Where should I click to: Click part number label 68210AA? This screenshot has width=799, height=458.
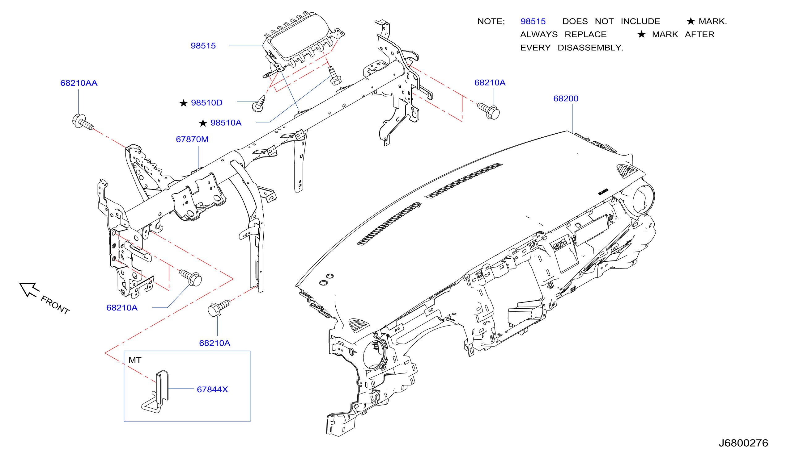(x=79, y=83)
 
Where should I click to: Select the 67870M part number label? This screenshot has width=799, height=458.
(x=192, y=139)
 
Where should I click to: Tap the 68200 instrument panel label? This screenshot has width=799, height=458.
(x=566, y=99)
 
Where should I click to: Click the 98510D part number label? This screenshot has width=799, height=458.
(x=206, y=103)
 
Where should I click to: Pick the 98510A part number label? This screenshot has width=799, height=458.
(x=226, y=123)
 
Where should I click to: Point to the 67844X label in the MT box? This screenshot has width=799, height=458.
(x=212, y=390)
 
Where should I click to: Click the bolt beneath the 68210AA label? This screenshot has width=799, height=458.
(x=83, y=122)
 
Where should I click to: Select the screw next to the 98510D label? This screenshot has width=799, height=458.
(x=259, y=104)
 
